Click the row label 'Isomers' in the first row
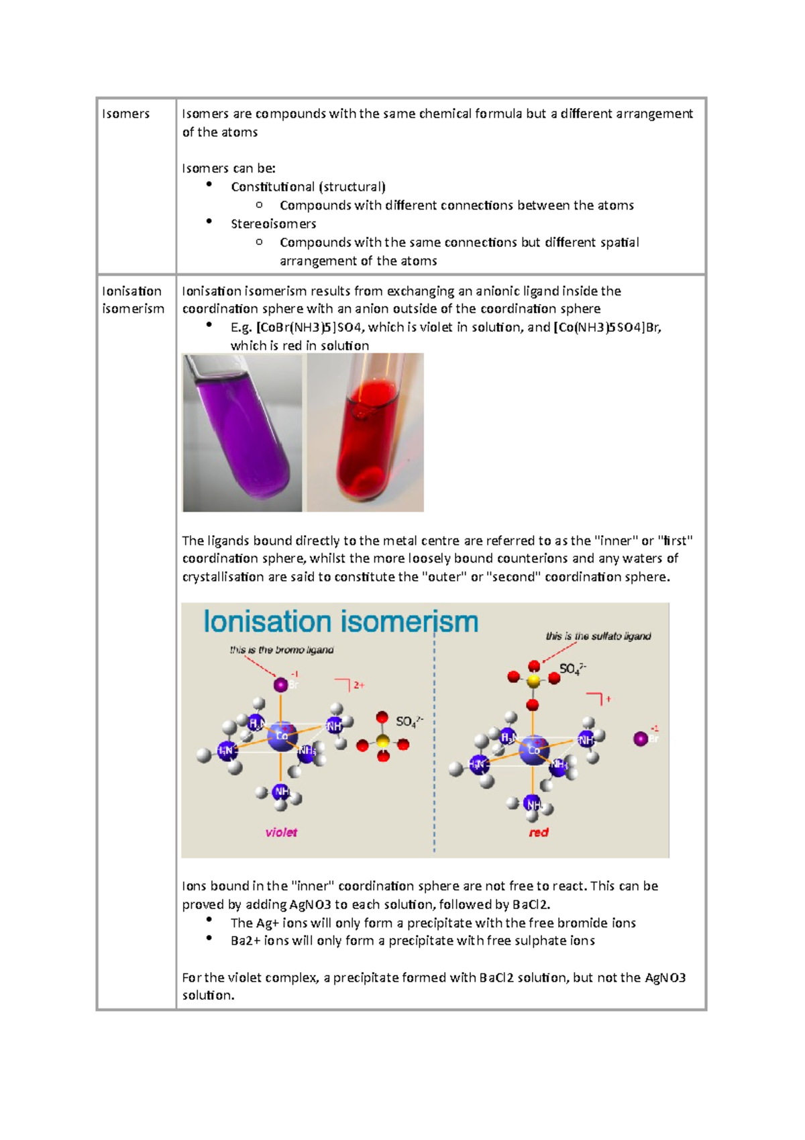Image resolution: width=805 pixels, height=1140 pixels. (x=125, y=113)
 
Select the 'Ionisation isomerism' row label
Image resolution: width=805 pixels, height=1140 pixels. (x=133, y=299)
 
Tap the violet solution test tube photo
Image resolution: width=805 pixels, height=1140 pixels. (x=242, y=432)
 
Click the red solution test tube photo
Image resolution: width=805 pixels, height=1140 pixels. (x=365, y=432)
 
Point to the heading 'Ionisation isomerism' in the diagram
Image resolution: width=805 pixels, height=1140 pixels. (x=341, y=622)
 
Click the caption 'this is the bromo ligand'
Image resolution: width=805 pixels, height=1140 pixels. (x=281, y=650)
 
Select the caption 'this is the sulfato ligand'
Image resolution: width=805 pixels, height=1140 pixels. (x=598, y=636)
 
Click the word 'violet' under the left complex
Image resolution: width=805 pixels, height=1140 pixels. (x=281, y=833)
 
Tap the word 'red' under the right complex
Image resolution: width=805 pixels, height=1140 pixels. (x=538, y=833)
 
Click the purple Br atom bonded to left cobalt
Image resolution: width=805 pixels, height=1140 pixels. (x=280, y=685)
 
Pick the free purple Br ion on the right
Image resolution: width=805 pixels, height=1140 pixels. (x=641, y=739)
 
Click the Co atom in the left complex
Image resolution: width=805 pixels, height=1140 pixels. (x=281, y=736)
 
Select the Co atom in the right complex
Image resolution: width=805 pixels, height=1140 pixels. (x=533, y=749)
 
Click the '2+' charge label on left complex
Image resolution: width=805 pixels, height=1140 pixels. (x=359, y=685)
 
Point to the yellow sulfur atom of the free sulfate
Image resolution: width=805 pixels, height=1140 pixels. (x=382, y=741)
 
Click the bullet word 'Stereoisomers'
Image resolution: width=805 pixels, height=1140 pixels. (x=273, y=224)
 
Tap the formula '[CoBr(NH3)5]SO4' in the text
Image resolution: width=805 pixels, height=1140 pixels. (x=309, y=328)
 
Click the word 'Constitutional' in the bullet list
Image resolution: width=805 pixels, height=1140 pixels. (x=272, y=187)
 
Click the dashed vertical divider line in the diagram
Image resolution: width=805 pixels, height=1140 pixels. (x=434, y=772)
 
